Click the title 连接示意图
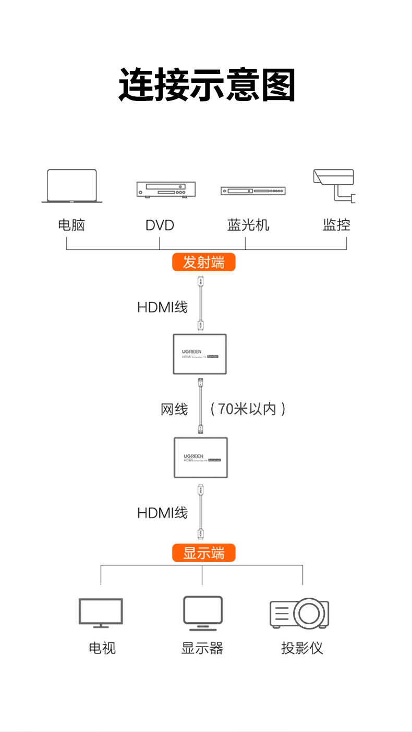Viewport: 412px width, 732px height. pos(207,84)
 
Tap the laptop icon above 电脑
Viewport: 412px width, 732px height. pos(72,186)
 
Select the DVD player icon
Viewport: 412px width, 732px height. pos(166,190)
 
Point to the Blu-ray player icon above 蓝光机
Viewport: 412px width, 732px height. pos(253,191)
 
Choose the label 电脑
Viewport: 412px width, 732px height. pos(71,225)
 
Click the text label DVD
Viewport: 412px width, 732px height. pos(160,225)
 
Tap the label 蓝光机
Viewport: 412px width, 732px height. pos(248,225)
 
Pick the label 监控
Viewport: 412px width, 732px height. pos(336,225)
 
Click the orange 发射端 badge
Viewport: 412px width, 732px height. pos(204,262)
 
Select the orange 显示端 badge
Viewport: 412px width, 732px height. pos(204,553)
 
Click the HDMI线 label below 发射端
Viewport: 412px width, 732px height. pos(162,307)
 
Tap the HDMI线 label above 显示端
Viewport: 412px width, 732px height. pos(162,513)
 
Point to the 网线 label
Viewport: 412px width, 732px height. pos(174,409)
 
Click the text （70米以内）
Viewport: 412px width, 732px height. pos(248,409)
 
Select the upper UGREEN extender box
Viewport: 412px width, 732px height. pos(200,354)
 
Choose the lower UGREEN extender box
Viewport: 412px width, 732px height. pos(201,458)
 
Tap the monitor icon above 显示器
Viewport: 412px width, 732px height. pos(203,613)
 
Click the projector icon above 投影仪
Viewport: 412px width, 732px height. pos(299,613)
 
